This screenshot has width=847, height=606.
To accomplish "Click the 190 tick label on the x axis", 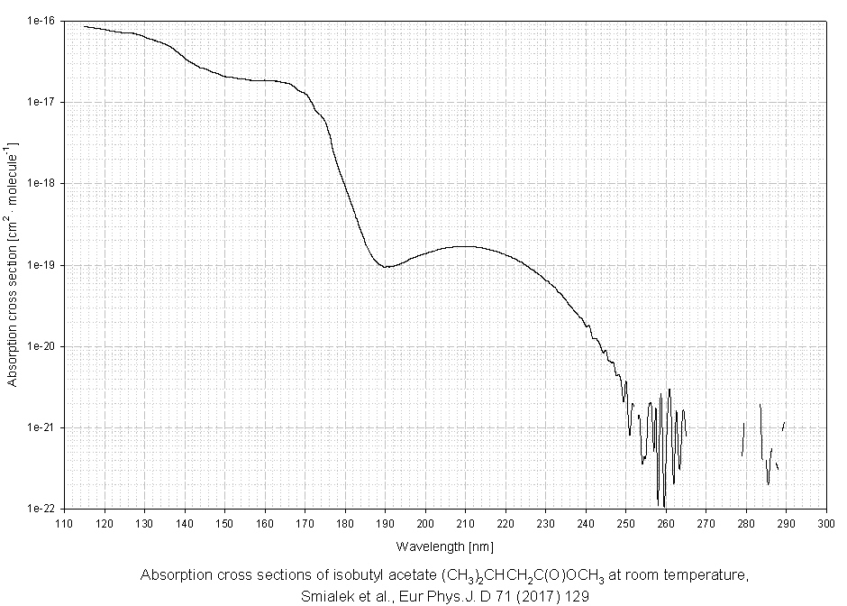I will click(385, 523).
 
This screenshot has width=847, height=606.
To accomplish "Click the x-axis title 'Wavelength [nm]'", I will click(444, 546).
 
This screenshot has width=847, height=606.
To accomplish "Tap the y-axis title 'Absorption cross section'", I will click(12, 263).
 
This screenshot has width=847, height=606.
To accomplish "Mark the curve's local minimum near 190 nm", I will click(386, 267).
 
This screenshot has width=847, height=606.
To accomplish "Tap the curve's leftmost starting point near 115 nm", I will click(85, 26).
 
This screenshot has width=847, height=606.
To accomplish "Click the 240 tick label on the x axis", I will click(586, 523).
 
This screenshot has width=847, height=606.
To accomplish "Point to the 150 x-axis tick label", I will click(224, 523).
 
